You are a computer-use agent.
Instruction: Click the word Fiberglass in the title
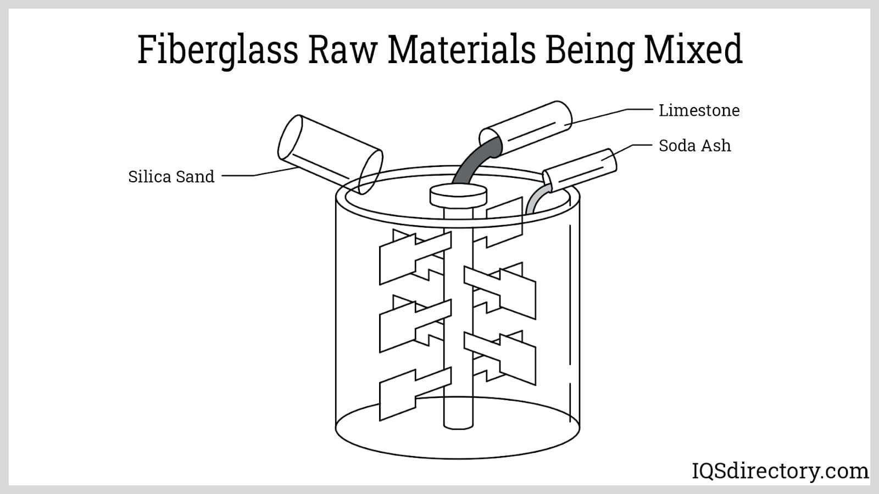tap(218, 50)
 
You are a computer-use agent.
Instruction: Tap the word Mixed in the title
tap(693, 49)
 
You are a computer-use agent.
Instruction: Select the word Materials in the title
tap(461, 49)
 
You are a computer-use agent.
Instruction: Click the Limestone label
tap(699, 110)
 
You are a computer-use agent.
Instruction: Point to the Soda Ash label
tap(694, 145)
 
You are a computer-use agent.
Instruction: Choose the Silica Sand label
tap(171, 176)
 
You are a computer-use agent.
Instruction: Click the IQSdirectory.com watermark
tap(780, 471)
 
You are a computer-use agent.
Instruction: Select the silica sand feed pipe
tap(330, 154)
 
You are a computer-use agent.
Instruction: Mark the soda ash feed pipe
tap(580, 170)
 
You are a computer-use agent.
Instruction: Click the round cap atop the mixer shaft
tap(458, 196)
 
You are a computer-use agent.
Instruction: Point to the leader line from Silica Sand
tap(259, 173)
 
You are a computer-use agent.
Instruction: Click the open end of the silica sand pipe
tap(370, 172)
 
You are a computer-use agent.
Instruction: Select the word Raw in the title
tap(342, 50)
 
